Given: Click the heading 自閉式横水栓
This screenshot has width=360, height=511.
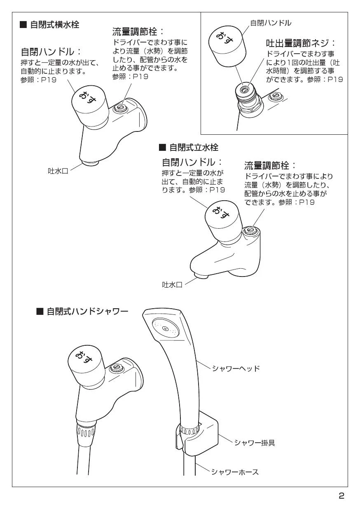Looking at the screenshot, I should [x=49, y=24].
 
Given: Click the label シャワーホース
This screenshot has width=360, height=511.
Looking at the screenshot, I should [x=235, y=472].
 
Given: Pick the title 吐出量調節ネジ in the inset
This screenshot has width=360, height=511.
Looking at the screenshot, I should [x=301, y=43].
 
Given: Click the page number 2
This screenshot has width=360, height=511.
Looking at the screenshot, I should [x=341, y=496].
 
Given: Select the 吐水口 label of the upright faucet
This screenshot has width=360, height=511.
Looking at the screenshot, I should [x=172, y=285].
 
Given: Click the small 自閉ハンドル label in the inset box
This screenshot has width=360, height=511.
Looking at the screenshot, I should [x=271, y=23].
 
